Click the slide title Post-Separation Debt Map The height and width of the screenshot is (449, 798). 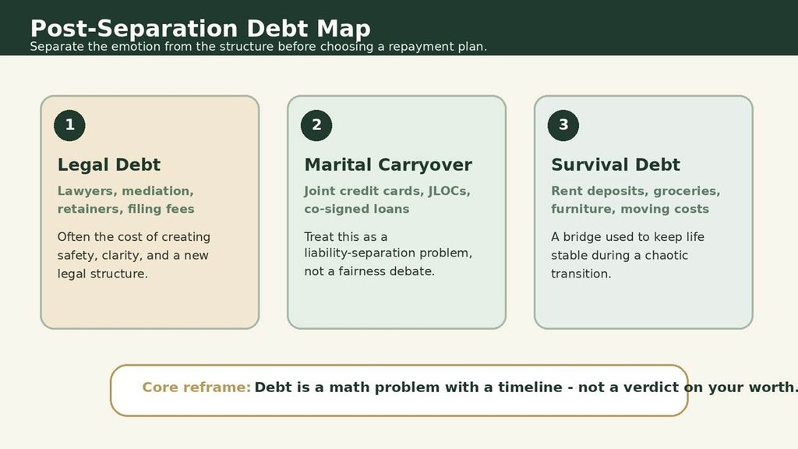(x=200, y=29)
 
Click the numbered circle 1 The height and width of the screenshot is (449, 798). (x=69, y=126)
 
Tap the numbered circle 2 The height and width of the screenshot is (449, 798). (x=316, y=126)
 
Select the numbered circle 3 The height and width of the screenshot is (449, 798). (x=563, y=126)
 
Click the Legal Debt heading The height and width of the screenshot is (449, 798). (x=109, y=165)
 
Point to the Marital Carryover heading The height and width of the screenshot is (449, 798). (x=388, y=165)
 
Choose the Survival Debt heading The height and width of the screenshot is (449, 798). (x=616, y=165)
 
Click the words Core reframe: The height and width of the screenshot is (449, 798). (x=196, y=387)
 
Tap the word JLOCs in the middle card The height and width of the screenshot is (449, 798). (x=449, y=191)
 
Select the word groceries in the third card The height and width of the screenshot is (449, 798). (x=687, y=192)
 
